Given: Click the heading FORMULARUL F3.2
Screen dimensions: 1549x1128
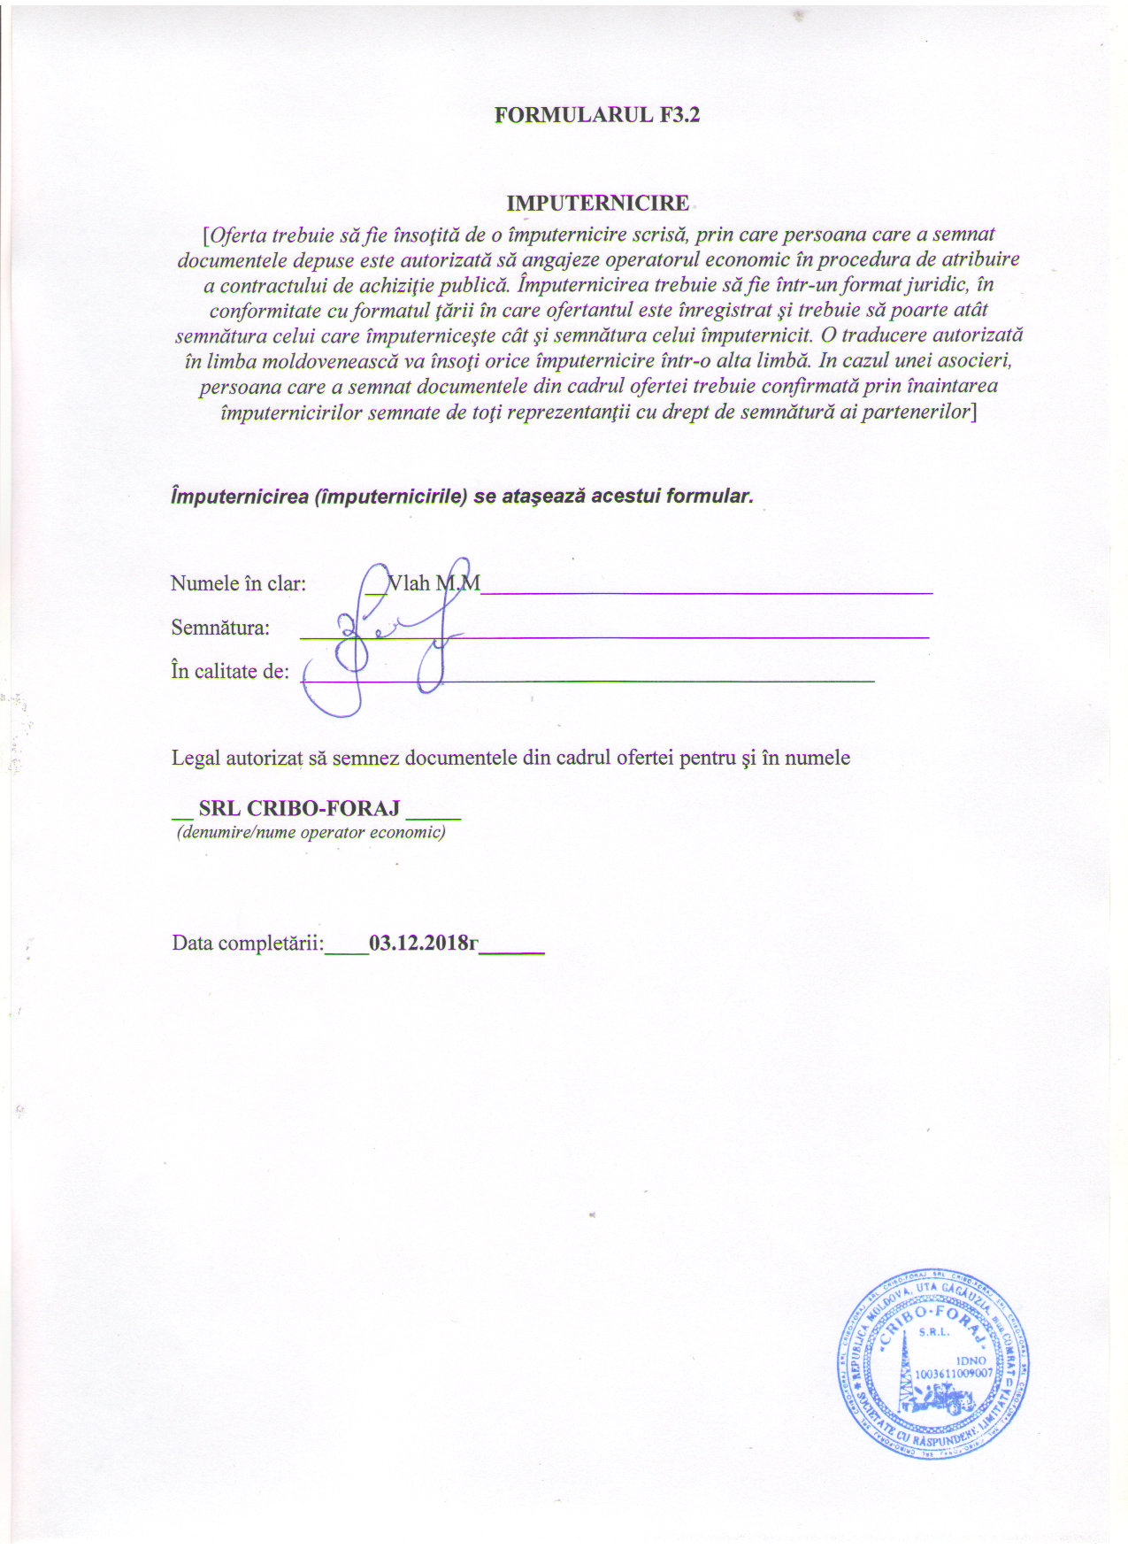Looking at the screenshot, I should (597, 115).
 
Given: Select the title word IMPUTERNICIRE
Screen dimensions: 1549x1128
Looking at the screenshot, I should (597, 203).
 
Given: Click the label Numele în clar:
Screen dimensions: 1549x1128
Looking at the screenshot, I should (238, 583).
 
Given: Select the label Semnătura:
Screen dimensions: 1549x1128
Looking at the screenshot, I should (220, 628).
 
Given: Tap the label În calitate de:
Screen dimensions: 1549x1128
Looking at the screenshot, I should (230, 671).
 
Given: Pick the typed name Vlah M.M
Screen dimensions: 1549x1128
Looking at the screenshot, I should (434, 583).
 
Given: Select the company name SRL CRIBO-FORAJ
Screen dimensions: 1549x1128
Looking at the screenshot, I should (299, 808).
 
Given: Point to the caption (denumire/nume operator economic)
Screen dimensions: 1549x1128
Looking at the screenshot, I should (311, 832).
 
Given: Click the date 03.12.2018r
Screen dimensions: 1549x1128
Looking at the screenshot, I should (424, 943).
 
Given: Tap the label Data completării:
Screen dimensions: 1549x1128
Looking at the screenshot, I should (248, 943).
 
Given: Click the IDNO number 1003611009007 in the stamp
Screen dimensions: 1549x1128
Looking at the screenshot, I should (954, 1373).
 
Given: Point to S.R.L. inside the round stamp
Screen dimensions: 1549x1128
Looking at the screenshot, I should (934, 1332).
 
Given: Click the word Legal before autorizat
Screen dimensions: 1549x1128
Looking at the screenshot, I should (196, 758).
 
